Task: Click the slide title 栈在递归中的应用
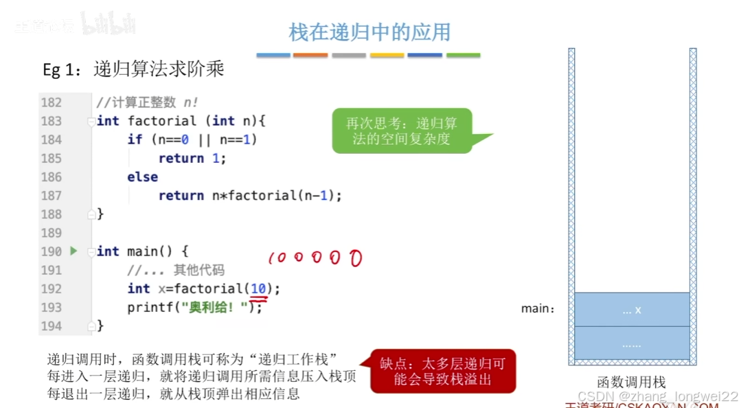369,32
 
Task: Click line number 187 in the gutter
52,196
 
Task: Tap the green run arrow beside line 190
74,251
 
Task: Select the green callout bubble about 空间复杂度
402,131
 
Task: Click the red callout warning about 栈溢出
443,371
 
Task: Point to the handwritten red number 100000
315,258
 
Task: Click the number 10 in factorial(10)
258,289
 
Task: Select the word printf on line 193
149,308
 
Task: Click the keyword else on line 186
142,177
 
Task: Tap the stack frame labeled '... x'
632,310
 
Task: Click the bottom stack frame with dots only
632,343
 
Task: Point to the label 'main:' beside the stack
538,309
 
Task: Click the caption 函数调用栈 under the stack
631,383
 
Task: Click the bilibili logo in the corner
109,25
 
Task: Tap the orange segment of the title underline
310,55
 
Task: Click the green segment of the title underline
464,55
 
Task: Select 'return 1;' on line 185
192,159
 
